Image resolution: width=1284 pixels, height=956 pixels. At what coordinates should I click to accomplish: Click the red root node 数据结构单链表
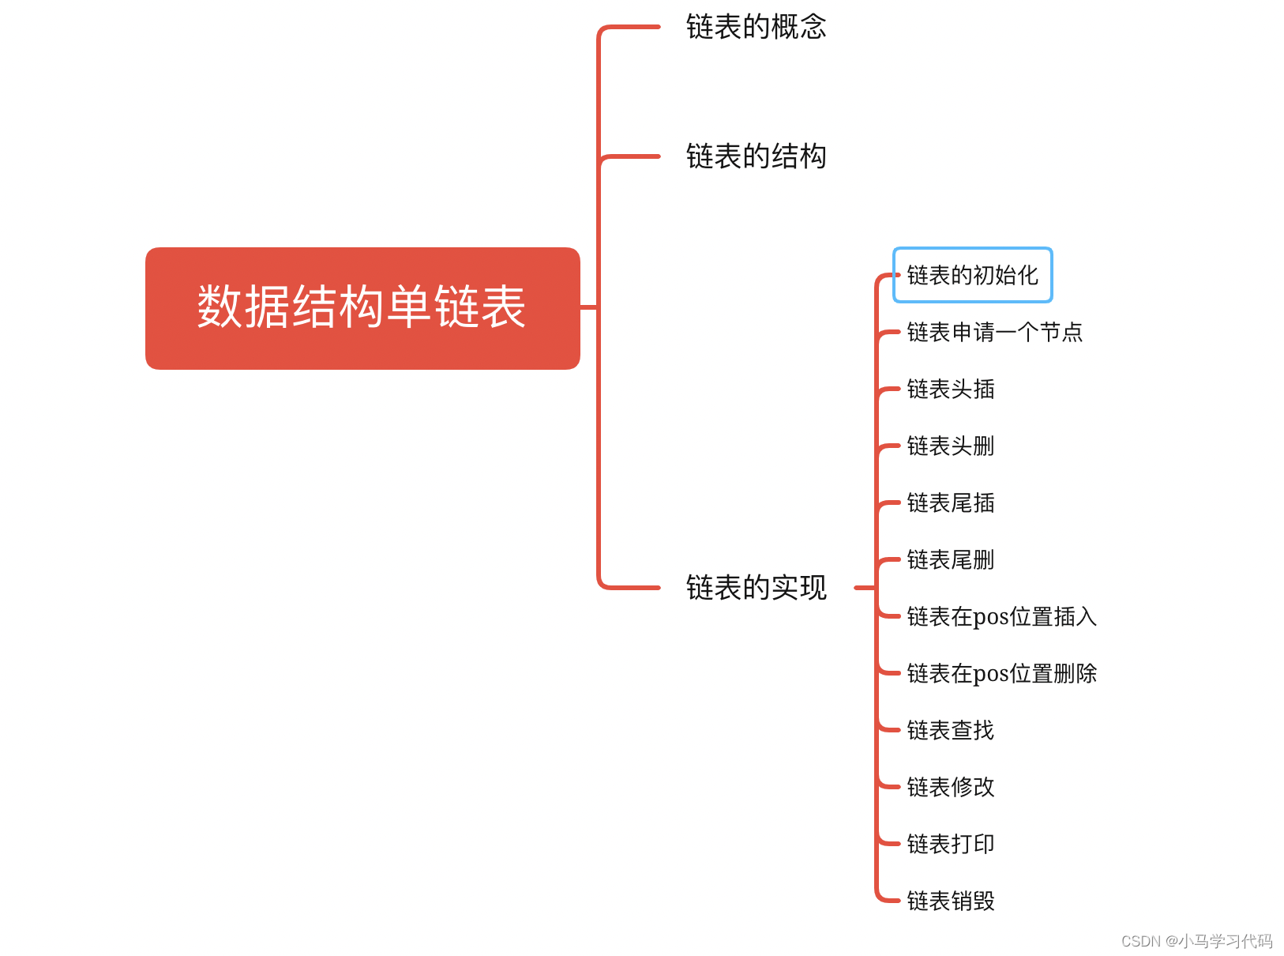[x=362, y=308]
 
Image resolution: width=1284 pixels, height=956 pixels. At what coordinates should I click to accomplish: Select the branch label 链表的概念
[x=756, y=27]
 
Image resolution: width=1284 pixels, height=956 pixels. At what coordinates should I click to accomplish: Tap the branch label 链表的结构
[x=756, y=156]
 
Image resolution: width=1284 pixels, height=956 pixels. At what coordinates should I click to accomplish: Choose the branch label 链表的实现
[x=756, y=588]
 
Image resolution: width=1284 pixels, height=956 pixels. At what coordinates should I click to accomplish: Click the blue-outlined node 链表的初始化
[x=972, y=275]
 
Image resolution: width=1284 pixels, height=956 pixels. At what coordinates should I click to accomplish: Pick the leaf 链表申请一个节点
[x=994, y=332]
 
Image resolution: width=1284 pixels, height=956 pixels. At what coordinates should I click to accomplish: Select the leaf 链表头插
[x=950, y=389]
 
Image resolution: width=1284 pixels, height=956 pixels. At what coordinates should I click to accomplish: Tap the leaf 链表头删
[x=950, y=446]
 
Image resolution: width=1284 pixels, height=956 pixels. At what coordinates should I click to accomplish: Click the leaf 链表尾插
[x=950, y=502]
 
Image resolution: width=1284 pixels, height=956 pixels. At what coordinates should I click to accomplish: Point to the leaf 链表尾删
[x=950, y=559]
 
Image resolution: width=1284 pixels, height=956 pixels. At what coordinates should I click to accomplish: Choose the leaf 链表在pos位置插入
[x=1001, y=616]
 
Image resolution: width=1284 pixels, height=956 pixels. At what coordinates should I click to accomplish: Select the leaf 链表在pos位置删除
[x=1001, y=673]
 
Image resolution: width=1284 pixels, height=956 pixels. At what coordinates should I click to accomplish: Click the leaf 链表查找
[x=950, y=730]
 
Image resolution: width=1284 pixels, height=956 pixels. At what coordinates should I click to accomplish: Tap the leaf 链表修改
[x=950, y=787]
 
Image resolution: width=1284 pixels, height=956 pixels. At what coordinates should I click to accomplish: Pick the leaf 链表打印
[x=950, y=844]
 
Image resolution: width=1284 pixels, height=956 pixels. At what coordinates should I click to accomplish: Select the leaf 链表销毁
[x=950, y=901]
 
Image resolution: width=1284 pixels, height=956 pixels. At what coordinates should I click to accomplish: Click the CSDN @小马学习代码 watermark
[x=1196, y=941]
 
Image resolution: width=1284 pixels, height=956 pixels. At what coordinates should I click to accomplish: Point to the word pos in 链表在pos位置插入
[x=990, y=618]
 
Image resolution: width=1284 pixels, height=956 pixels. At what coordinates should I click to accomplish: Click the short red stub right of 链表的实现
[x=864, y=588]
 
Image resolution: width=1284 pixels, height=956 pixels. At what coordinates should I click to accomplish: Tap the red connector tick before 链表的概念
[x=632, y=27]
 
